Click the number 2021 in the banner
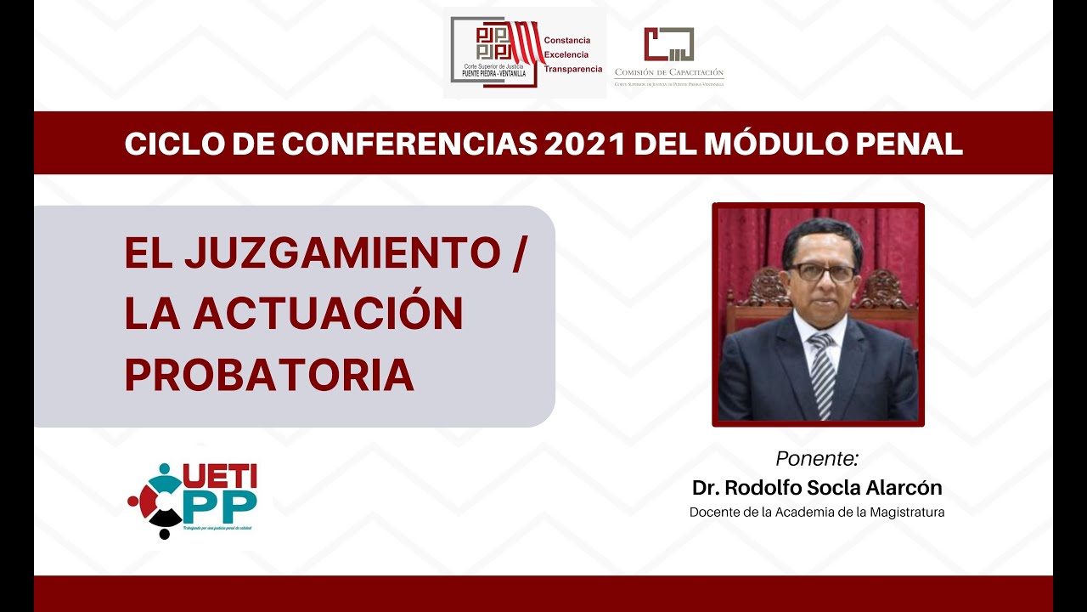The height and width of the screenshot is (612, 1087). coord(586,144)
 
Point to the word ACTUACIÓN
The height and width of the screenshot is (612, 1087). coord(329,314)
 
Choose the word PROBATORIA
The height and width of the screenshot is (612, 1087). coord(269,375)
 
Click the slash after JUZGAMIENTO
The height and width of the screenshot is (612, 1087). coord(519,253)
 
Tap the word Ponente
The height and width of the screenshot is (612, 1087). coord(817,459)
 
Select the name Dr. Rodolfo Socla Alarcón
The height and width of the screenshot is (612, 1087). coord(817,488)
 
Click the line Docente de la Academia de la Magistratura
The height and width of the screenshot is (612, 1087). coord(817,513)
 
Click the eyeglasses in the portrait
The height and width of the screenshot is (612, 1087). coord(821,273)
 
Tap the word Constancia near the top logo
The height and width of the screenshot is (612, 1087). coord(566,40)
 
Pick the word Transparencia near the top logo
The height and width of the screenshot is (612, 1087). coord(572,69)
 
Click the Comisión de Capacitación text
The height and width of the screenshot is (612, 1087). coord(669,73)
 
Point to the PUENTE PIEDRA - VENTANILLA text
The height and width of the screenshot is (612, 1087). coord(493,73)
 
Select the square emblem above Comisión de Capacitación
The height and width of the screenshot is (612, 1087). coord(668,44)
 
